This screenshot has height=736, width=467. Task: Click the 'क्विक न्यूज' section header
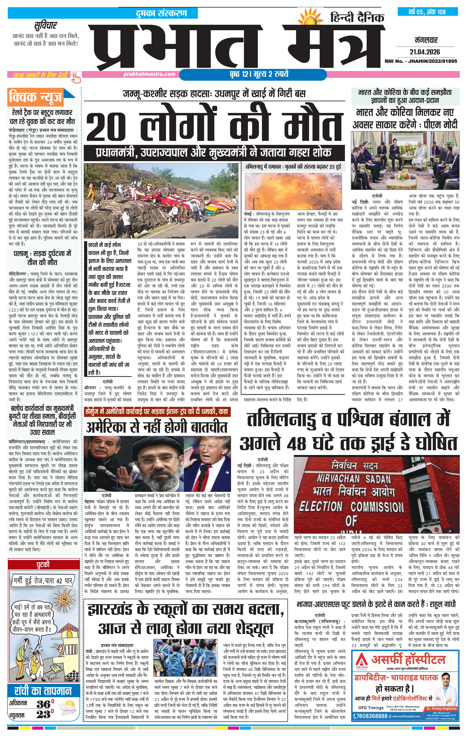pyautogui.click(x=36, y=97)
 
